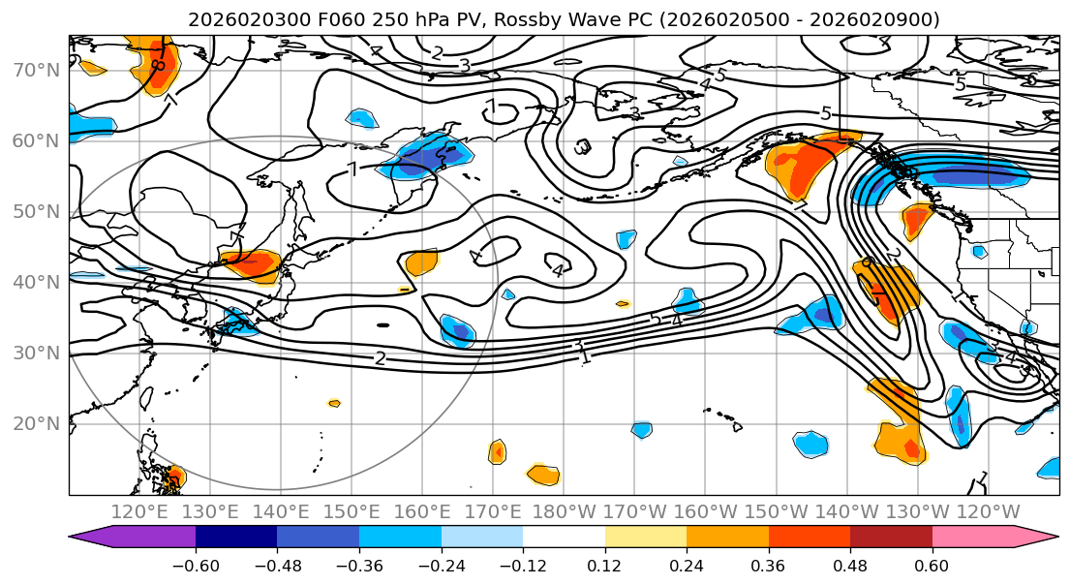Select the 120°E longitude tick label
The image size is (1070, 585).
(x=140, y=511)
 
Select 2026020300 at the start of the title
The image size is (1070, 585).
(x=234, y=20)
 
